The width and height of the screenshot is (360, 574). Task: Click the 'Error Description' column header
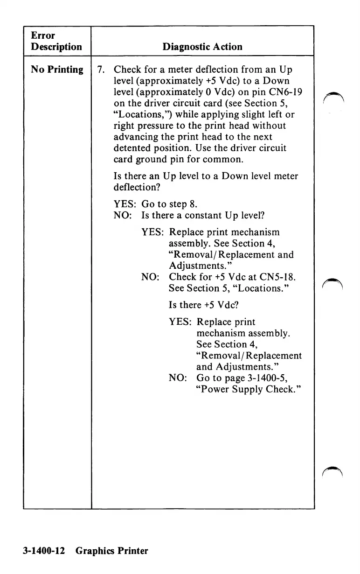point(56,41)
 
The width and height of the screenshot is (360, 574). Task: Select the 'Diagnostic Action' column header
point(202,47)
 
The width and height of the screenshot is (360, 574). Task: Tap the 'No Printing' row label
point(57,70)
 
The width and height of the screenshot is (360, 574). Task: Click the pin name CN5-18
point(275,277)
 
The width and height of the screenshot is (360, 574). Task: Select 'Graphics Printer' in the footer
point(112,551)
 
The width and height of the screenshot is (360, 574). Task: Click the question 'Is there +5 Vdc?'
point(205,305)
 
